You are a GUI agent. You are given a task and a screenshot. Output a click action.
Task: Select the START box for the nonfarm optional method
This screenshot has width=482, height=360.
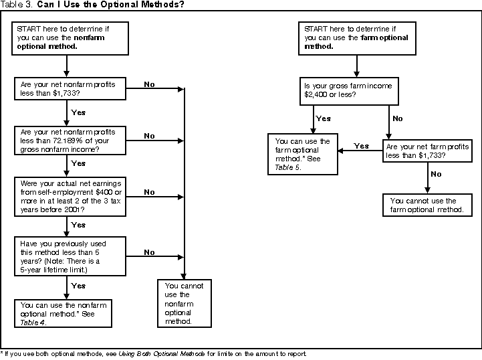point(65,37)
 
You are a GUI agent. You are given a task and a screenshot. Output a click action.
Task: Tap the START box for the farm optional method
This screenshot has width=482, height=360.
point(357,37)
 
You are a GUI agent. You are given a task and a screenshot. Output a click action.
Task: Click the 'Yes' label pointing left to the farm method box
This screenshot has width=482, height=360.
point(361,146)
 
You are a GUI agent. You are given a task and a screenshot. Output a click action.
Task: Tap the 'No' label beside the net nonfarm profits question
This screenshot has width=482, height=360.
point(149,84)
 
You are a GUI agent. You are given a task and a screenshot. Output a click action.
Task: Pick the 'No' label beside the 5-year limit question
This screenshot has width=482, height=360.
point(149,252)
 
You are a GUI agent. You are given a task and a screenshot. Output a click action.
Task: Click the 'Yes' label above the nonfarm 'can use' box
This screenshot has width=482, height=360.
point(78,285)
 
